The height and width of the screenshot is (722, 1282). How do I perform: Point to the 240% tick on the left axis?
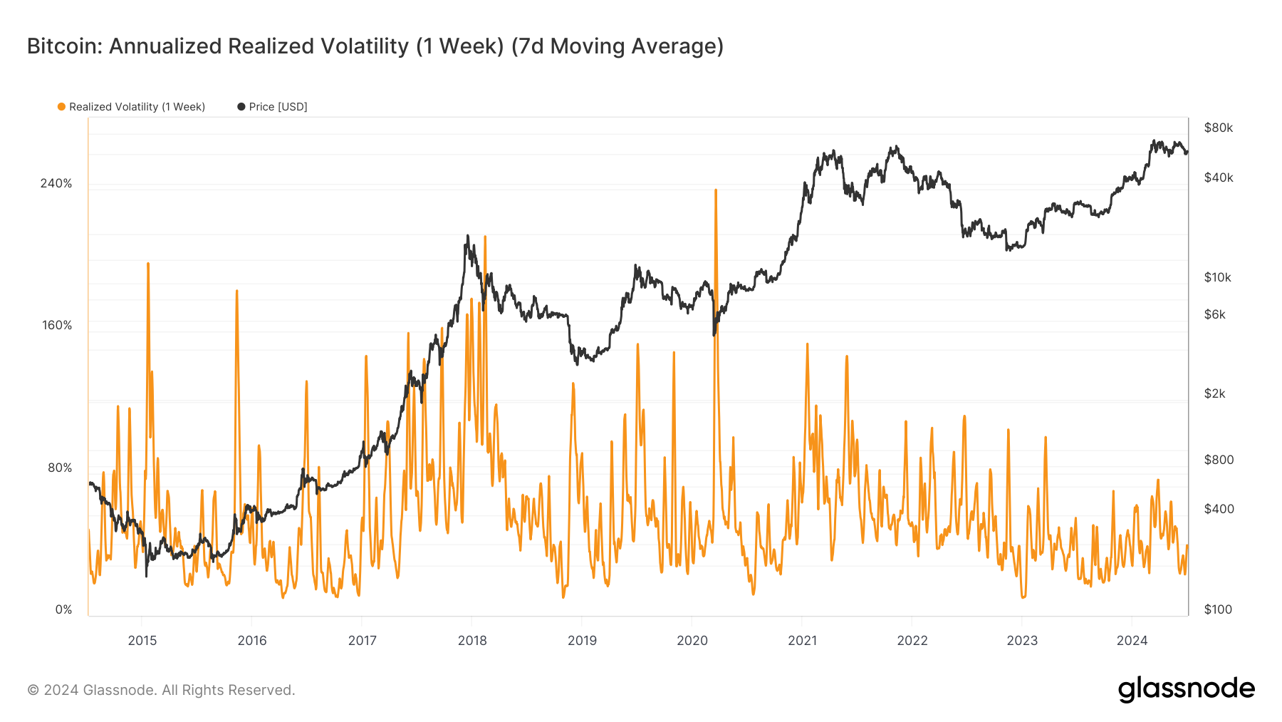(56, 183)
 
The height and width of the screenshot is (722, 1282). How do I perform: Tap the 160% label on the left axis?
(56, 325)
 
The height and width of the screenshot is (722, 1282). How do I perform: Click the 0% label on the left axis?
(63, 609)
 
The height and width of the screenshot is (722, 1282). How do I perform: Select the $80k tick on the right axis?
(1218, 128)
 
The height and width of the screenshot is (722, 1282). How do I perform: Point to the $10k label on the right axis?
(1217, 277)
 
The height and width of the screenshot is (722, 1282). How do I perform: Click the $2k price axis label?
(1214, 393)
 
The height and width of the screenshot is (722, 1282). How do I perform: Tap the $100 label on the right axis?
(1217, 609)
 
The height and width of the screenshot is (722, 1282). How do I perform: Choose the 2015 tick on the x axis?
(142, 640)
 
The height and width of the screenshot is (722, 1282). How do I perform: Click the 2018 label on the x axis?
(472, 640)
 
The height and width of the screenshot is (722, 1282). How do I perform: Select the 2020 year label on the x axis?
(692, 640)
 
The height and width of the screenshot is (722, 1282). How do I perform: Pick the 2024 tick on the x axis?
(1132, 640)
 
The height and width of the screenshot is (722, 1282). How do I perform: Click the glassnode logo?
(1186, 689)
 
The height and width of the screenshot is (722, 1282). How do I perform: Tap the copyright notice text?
(161, 690)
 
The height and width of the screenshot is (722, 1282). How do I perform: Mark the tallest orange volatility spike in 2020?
(716, 190)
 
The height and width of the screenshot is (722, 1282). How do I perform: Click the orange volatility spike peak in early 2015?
(148, 264)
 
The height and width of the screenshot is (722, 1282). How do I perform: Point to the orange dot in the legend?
(62, 107)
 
